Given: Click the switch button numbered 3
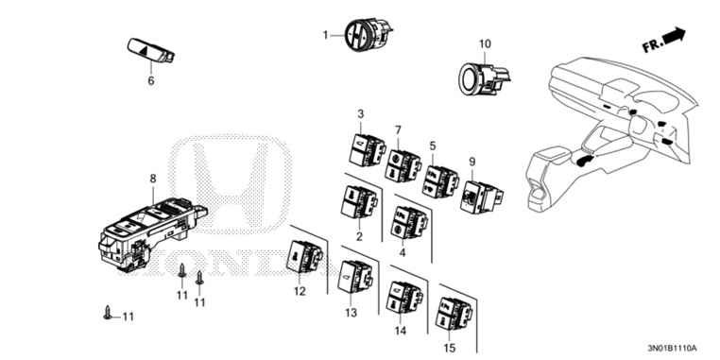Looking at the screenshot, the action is pos(362,147).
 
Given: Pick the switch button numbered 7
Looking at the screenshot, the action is pos(405,164).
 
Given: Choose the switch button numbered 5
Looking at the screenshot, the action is pos(441,179).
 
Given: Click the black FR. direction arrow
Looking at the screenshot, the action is pos(672,36).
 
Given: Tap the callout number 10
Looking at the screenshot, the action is pos(485,44).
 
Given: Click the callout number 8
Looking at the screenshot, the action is pos(152,179).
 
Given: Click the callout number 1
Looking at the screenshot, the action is pos(326,36).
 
